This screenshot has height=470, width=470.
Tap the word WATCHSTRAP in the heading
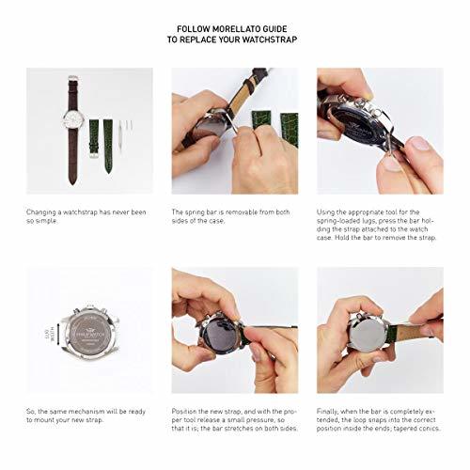click(x=270, y=39)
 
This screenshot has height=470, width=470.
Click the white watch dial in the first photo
click(x=73, y=119)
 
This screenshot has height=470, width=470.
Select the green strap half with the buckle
click(x=94, y=138)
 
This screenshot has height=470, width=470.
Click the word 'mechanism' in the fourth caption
click(x=86, y=412)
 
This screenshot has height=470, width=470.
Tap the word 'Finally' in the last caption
click(x=327, y=412)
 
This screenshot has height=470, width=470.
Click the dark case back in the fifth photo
click(x=218, y=337)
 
